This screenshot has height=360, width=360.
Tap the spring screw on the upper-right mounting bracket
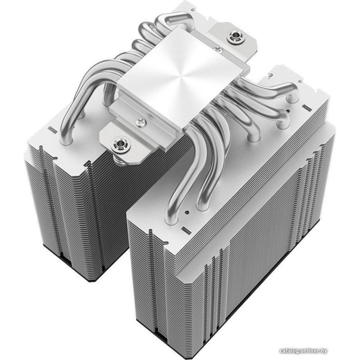(x=235, y=36)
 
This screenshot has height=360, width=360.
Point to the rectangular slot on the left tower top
(x=53, y=130)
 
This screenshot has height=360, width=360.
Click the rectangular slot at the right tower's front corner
(x=186, y=230)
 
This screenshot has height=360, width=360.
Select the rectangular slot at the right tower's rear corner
(x=307, y=107)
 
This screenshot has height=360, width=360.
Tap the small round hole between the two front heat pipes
(x=187, y=212)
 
